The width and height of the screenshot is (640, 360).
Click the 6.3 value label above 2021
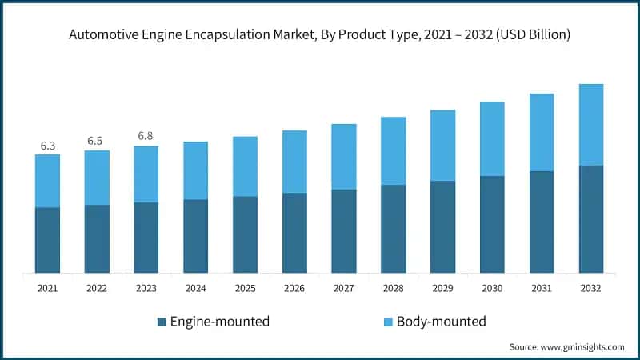click(x=48, y=146)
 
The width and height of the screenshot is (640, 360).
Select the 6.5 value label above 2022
click(x=97, y=141)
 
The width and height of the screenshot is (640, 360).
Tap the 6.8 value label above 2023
click(x=146, y=136)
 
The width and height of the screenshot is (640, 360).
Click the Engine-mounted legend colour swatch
click(x=162, y=322)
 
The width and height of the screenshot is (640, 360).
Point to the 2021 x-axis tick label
click(x=48, y=287)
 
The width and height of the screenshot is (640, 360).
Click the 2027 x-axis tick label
click(x=344, y=287)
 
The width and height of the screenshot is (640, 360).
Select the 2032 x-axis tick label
click(x=591, y=287)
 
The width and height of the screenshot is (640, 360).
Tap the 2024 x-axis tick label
click(x=196, y=287)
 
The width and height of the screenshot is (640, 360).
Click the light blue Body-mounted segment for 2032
click(x=591, y=125)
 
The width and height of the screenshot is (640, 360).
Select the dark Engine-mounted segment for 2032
click(x=591, y=218)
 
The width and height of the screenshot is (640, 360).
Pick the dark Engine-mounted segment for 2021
click(x=48, y=240)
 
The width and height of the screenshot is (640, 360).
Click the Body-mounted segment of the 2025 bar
click(x=246, y=166)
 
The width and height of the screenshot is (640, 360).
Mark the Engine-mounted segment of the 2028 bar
click(x=394, y=229)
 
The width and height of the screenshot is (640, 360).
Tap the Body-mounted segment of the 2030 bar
click(x=492, y=139)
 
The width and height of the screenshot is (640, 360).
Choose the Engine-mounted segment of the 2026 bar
click(x=294, y=233)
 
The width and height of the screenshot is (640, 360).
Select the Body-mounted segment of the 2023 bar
click(x=146, y=174)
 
